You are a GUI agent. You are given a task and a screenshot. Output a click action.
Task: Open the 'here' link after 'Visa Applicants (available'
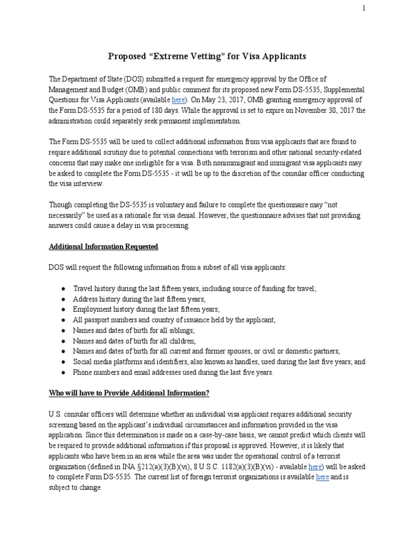pyautogui.click(x=178, y=100)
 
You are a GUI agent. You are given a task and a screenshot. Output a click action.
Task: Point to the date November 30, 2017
pyautogui.click(x=313, y=111)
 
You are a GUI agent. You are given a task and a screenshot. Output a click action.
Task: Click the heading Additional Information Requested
pyautogui.click(x=104, y=246)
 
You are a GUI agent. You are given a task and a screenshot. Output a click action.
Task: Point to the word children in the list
pyautogui.click(x=181, y=341)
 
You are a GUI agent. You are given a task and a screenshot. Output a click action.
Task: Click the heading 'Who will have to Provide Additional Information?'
pyautogui.click(x=129, y=393)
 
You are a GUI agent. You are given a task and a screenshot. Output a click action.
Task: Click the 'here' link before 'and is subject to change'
pyautogui.click(x=322, y=477)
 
